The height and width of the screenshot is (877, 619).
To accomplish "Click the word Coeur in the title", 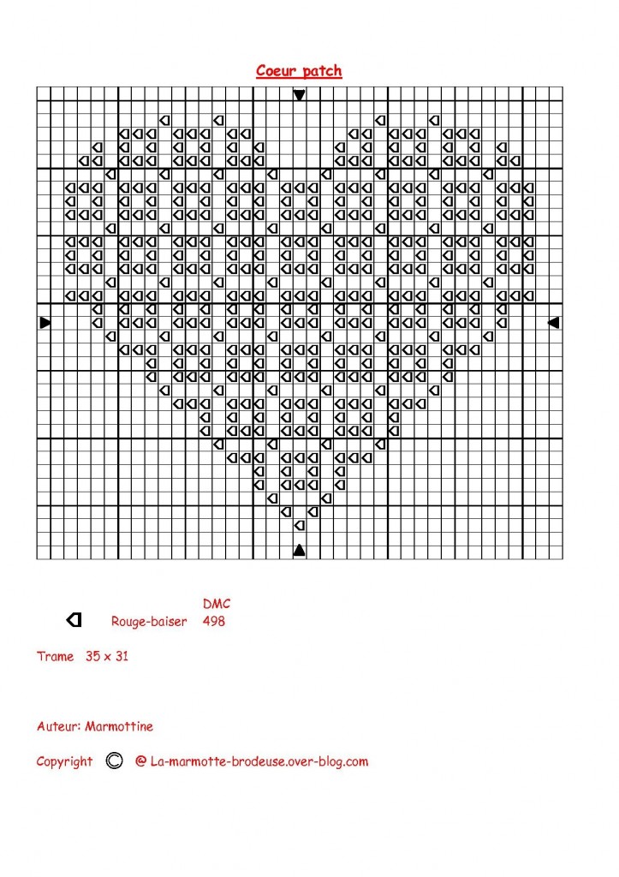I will tap(276, 71).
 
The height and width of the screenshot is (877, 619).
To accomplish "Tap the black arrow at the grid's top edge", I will tap(299, 94).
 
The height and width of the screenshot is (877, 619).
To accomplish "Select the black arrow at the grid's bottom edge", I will tap(299, 550).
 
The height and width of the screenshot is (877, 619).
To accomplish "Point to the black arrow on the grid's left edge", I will tap(45, 322).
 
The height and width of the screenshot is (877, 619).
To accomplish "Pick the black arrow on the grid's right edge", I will tap(553, 322).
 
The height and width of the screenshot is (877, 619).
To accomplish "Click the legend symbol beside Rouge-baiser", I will tap(74, 619).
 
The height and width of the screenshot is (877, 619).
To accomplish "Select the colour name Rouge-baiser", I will tap(149, 621).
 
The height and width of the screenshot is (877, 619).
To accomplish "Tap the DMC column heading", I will tap(217, 604).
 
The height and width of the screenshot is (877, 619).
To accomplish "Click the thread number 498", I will tap(214, 621).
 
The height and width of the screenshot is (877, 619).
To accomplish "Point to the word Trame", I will tap(56, 657).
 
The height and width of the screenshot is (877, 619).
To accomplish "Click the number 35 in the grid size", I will tap(92, 657).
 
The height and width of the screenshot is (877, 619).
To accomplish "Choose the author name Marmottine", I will tap(120, 726).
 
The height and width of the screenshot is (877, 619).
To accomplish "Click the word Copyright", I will tap(64, 761).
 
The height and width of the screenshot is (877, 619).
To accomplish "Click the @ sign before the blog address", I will tap(140, 761).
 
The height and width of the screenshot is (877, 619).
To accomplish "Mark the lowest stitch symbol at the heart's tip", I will tap(299, 524).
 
